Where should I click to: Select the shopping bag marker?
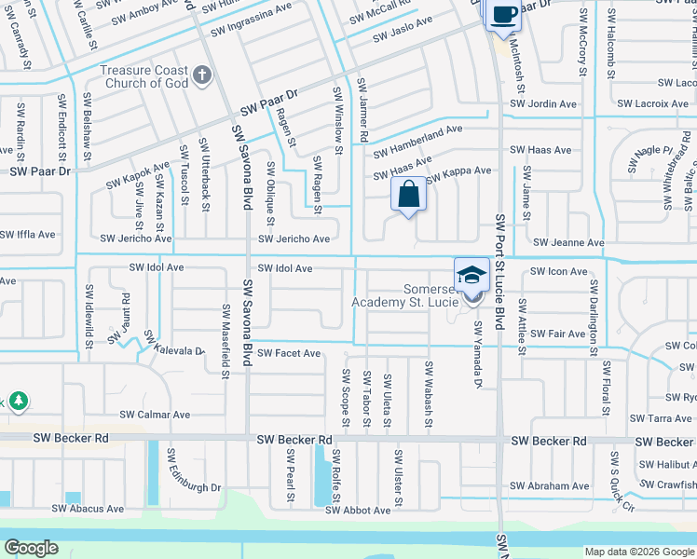pyautogui.click(x=408, y=196)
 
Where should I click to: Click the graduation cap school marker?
pyautogui.click(x=471, y=277)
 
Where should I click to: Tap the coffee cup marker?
pyautogui.click(x=503, y=16)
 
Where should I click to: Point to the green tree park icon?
pyautogui.click(x=18, y=402)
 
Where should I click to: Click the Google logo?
pyautogui.click(x=31, y=548)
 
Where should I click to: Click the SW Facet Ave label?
pyautogui.click(x=289, y=353)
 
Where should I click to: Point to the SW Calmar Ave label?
pyautogui.click(x=154, y=415)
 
